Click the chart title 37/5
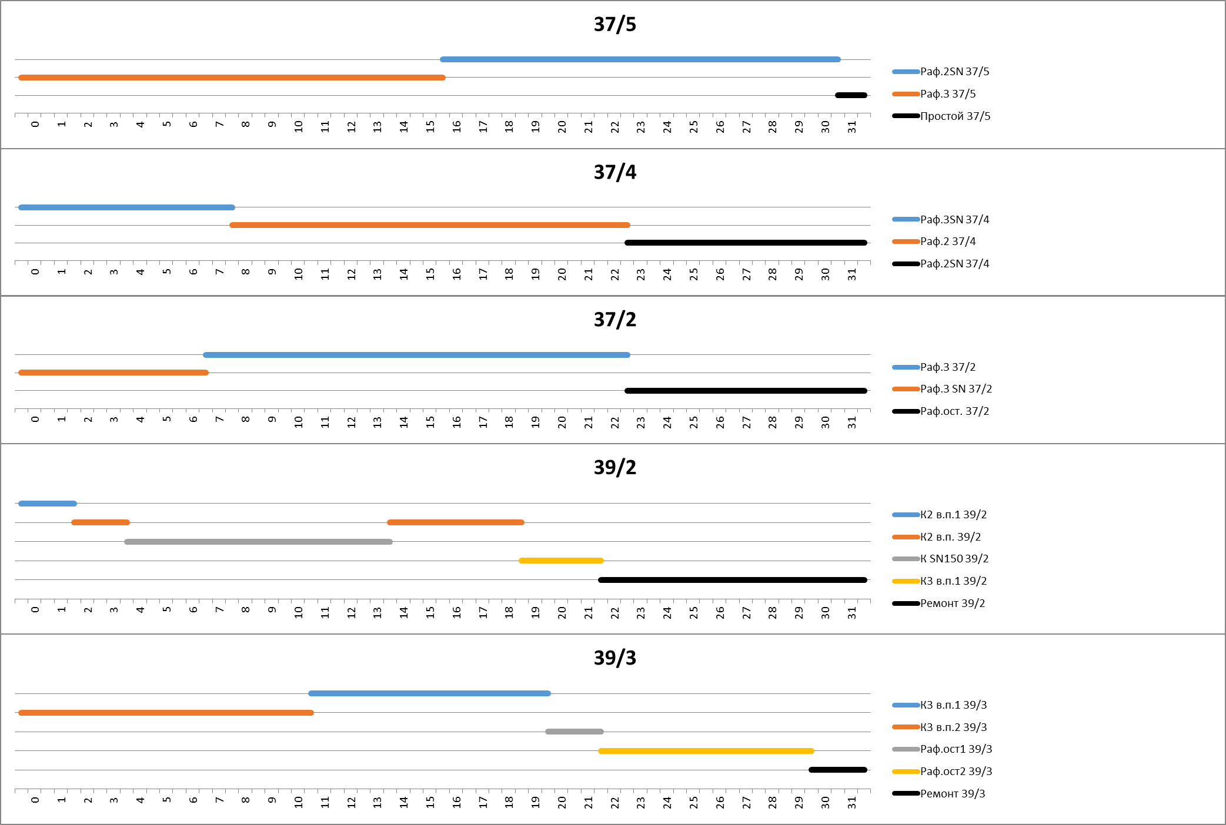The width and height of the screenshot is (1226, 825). tap(614, 25)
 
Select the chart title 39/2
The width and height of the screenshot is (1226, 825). tap(614, 468)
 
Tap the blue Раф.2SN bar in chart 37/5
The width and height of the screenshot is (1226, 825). tap(640, 59)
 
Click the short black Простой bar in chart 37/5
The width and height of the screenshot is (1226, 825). tap(851, 95)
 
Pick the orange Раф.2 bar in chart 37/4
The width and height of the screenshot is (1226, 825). tap(429, 225)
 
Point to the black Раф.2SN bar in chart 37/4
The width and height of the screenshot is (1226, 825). tap(746, 243)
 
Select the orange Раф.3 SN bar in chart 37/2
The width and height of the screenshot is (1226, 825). tap(113, 373)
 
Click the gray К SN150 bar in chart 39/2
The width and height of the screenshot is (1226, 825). tap(258, 542)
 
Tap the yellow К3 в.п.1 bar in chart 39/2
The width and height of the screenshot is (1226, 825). tap(561, 561)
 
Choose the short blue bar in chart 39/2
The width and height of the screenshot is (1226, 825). tap(48, 504)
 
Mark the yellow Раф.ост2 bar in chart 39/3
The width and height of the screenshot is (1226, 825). tap(706, 751)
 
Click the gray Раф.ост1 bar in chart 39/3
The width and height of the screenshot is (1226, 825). tap(574, 732)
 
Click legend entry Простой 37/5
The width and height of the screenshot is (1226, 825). tap(955, 116)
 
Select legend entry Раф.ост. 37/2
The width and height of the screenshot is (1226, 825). tap(954, 411)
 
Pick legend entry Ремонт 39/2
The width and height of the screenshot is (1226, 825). tap(952, 603)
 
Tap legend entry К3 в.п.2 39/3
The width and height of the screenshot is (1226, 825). tap(953, 727)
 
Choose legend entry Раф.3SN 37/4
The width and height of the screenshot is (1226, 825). tap(954, 220)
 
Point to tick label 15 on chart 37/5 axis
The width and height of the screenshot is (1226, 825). tap(430, 126)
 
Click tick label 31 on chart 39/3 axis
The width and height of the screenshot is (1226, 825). tap(852, 802)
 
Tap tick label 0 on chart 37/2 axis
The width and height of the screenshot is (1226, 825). tap(35, 420)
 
